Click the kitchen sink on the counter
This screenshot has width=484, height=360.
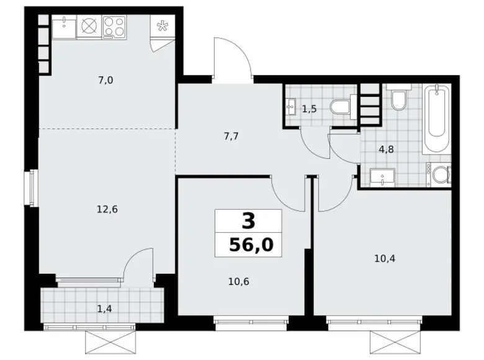[x=64, y=26]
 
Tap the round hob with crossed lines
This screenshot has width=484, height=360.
[x=89, y=26]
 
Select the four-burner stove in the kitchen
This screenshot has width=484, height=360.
[x=114, y=26]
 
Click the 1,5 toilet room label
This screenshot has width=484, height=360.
[x=309, y=109]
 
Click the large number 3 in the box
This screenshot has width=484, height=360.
[x=248, y=221]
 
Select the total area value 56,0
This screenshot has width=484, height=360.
[x=251, y=245]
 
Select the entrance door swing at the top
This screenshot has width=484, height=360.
[x=233, y=59]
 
